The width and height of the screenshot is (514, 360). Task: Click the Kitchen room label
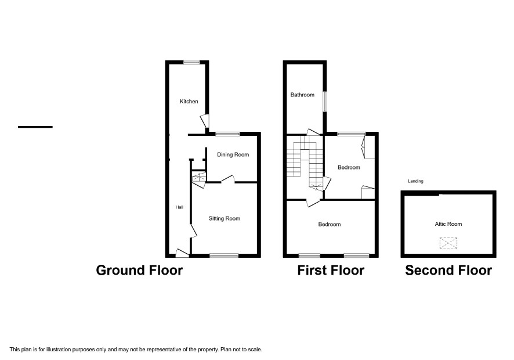189,102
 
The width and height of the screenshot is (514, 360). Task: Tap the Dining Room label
233,154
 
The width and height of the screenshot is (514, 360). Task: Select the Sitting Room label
224,218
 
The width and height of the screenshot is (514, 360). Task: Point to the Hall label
179,207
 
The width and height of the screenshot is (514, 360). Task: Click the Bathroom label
302,95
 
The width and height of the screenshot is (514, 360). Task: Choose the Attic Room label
448,224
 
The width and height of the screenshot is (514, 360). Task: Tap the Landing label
415,181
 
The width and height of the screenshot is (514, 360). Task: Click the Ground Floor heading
139,271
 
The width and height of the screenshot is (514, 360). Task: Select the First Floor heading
331,271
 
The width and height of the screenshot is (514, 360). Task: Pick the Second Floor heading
448,271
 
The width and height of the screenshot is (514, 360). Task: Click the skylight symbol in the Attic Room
448,243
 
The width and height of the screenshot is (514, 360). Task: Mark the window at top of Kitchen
191,62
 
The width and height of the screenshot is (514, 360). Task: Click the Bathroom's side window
325,102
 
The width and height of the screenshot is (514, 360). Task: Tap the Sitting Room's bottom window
224,255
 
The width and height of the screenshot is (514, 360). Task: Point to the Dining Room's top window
227,134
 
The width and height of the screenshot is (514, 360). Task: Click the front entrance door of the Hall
182,253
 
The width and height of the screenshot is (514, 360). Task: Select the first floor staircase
305,163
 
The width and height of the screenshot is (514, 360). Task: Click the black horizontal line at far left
35,127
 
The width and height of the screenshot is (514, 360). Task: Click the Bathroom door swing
313,132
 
